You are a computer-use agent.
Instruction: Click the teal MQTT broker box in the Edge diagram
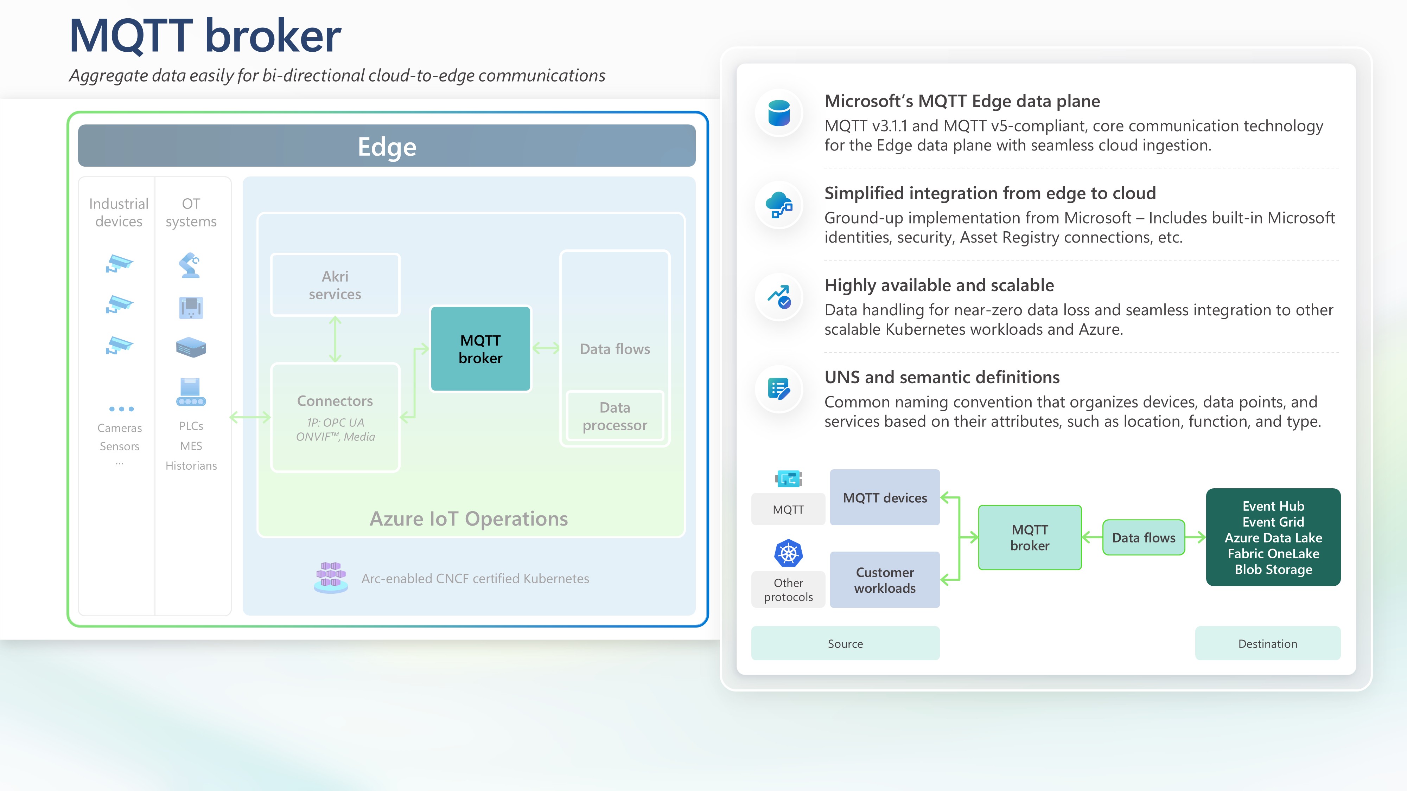pyautogui.click(x=480, y=349)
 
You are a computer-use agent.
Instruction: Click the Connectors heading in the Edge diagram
pyautogui.click(x=335, y=401)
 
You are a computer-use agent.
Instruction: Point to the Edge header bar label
pyautogui.click(x=387, y=146)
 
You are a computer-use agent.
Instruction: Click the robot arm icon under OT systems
pyautogui.click(x=190, y=265)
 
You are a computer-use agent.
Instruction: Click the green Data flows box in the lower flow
pyautogui.click(x=1143, y=538)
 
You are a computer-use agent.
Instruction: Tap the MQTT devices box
pyautogui.click(x=884, y=497)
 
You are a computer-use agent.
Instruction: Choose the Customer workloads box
pyautogui.click(x=884, y=580)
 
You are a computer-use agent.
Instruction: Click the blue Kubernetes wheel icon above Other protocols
pyautogui.click(x=788, y=554)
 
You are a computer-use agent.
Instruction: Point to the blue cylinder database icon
pyautogui.click(x=779, y=113)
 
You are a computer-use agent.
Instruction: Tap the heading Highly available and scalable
pyautogui.click(x=939, y=285)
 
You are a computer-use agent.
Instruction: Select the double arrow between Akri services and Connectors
pyautogui.click(x=335, y=339)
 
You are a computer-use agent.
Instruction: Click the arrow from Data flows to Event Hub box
pyautogui.click(x=1195, y=538)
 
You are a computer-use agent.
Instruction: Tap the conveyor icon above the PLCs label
pyautogui.click(x=191, y=392)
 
